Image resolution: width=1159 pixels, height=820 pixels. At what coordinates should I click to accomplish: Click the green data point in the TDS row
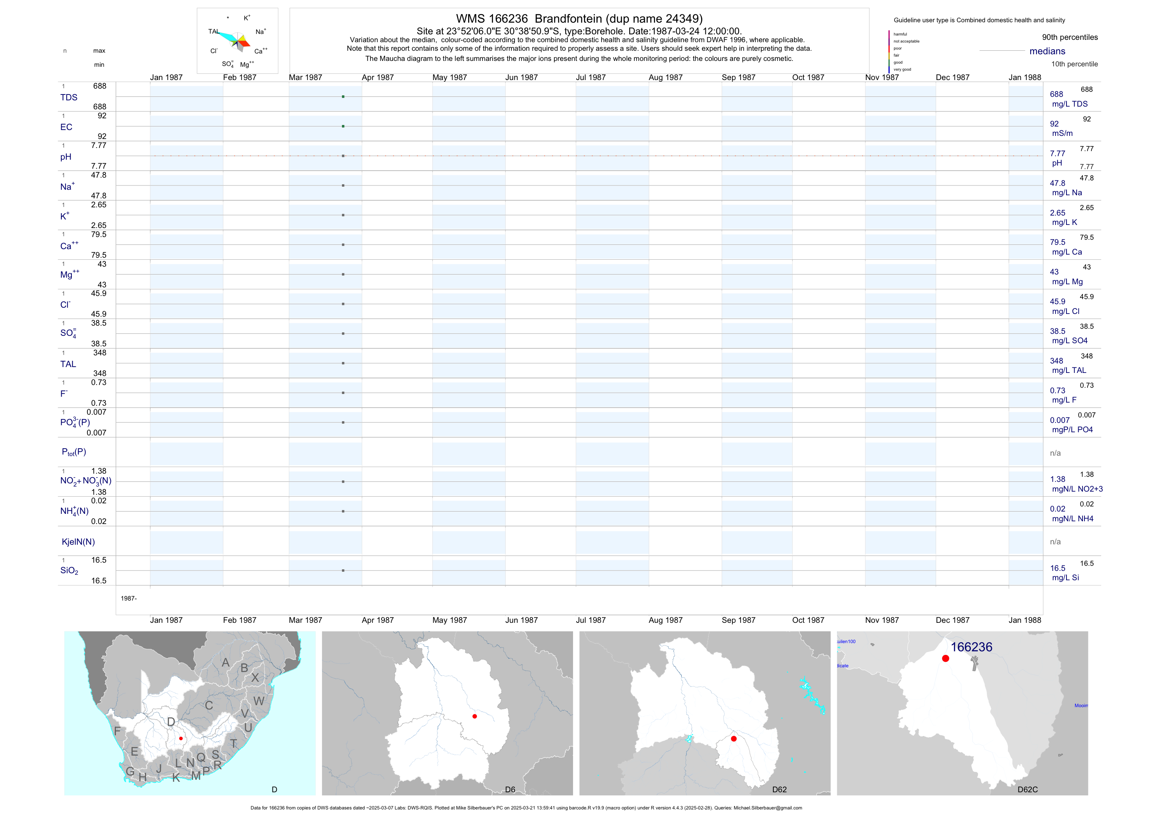coord(343,96)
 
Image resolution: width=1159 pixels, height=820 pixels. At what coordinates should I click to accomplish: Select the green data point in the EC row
coord(343,126)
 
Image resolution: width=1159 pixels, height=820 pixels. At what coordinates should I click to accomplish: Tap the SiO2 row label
coord(69,570)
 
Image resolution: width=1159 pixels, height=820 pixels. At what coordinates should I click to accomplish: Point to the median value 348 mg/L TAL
coord(1056,361)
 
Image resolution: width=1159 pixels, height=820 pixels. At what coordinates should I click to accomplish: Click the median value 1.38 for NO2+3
coord(1058,479)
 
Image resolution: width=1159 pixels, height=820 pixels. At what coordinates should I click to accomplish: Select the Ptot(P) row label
coord(74,452)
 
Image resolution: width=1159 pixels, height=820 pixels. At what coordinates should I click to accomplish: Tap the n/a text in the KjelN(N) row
coord(1055,542)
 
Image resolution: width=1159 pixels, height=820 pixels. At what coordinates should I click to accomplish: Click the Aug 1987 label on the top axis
coord(665,77)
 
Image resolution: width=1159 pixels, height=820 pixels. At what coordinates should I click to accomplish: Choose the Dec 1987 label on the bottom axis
coord(952,620)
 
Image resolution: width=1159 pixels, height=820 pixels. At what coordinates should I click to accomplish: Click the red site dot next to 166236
coord(945,658)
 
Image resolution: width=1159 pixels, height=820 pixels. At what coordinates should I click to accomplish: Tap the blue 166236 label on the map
coord(971,647)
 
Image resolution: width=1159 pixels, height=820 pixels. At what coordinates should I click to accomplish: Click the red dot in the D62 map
coord(734,739)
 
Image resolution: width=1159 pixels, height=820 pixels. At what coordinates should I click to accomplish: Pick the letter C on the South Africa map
coord(209,705)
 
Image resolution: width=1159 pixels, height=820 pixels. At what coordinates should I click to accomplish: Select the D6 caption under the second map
coord(510,789)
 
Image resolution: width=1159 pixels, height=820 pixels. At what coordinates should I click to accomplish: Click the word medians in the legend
coord(1047,51)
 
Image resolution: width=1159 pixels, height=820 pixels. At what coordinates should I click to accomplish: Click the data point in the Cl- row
coord(343,304)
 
